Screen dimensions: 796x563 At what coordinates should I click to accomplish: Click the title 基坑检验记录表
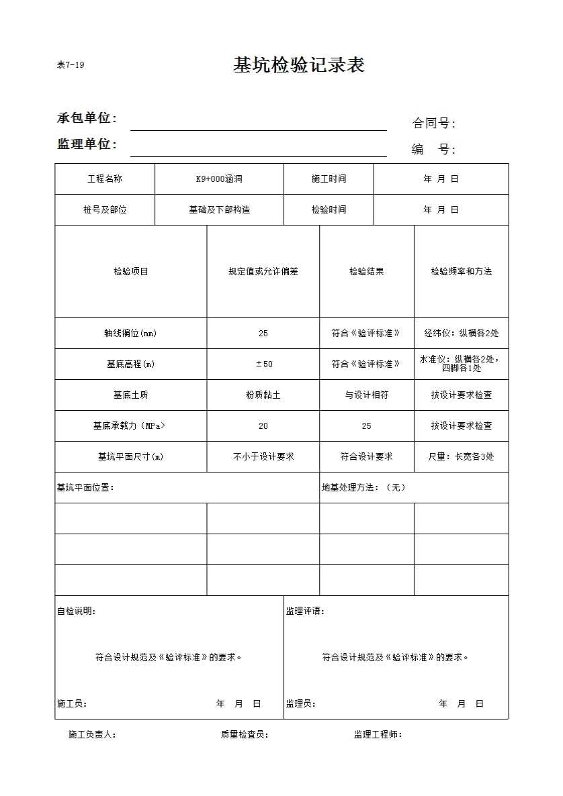coord(298,65)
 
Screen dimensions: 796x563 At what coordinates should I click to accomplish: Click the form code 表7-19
coord(71,65)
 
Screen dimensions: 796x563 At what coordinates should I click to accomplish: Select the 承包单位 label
coord(87,118)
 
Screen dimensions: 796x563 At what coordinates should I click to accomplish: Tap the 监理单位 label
coord(87,144)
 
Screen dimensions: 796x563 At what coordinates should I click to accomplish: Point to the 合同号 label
coord(433,123)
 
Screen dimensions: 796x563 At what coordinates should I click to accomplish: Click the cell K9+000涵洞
coord(219,179)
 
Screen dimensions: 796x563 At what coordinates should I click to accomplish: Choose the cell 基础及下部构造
coord(219,210)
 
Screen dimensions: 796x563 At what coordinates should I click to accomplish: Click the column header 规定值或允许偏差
coord(263,272)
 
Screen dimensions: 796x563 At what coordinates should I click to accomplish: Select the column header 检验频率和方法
coord(461,272)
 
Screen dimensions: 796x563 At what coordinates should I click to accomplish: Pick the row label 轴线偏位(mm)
coord(130,334)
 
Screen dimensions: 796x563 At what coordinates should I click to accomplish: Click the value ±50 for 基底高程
coord(263,364)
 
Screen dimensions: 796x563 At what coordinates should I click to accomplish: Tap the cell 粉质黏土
coord(263,395)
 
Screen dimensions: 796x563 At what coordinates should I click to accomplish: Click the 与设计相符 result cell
coord(366,395)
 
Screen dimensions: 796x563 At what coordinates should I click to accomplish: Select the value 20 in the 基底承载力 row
coord(263,426)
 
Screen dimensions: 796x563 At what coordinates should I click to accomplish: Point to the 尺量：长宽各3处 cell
coord(461,457)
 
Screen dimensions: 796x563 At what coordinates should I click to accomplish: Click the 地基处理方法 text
coord(363,488)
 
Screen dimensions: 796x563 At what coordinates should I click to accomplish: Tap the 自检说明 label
coord(76,611)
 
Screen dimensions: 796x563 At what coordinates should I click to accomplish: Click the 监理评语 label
coord(305,611)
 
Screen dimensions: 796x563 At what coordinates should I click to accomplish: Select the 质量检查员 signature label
coord(245,735)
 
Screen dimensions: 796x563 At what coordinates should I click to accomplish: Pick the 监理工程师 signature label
coord(378,735)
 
